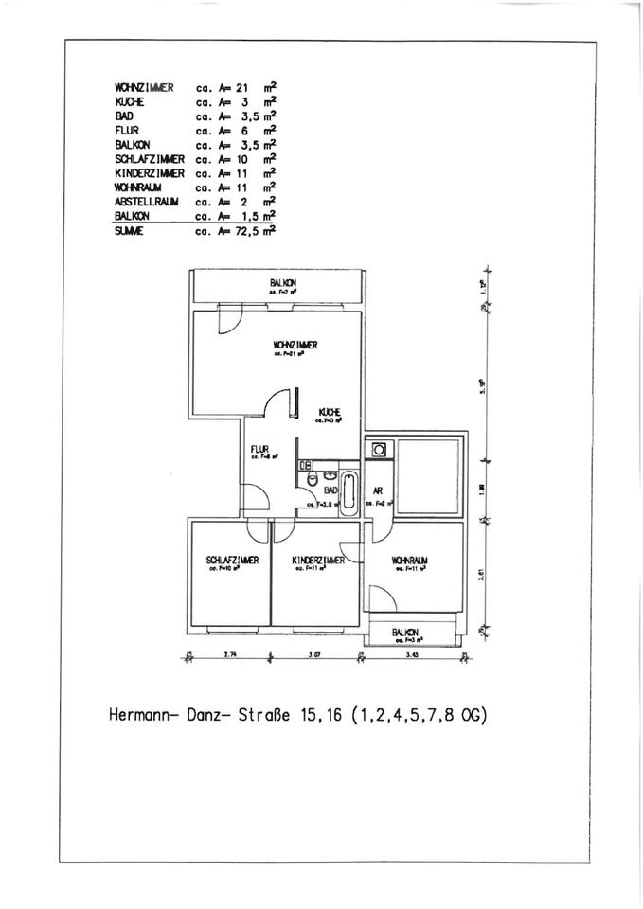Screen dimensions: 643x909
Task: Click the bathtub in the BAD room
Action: click(x=348, y=490)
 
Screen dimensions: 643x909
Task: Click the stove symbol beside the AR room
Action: click(x=379, y=449)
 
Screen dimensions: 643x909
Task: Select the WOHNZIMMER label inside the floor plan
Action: click(x=295, y=346)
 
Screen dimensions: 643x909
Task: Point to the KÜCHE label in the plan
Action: click(x=330, y=412)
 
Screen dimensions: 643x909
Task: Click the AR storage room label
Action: click(x=377, y=491)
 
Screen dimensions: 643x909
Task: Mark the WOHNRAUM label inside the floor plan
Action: click(x=409, y=561)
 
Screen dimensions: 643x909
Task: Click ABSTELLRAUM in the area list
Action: click(x=142, y=202)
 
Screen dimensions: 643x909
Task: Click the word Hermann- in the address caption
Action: click(x=143, y=716)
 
